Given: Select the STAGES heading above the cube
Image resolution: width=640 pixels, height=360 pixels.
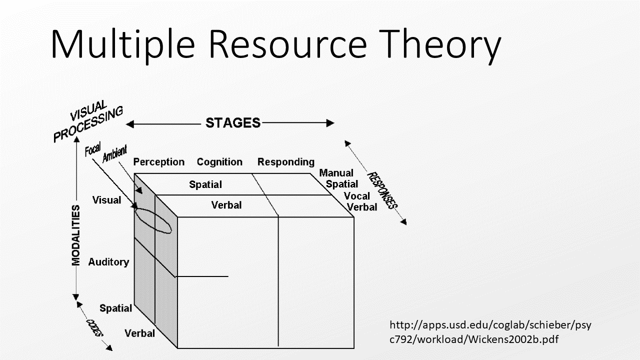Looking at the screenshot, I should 233,123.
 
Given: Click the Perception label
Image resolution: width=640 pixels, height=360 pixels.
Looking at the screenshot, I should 158,162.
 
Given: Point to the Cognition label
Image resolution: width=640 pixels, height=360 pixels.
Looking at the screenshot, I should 219,162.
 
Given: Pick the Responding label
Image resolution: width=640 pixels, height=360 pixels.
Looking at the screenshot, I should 286,162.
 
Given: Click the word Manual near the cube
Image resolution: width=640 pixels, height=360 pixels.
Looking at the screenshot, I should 336,173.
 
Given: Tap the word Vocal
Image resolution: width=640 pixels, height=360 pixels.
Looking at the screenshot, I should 357,196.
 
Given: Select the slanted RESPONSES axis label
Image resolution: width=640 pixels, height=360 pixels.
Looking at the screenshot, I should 382,190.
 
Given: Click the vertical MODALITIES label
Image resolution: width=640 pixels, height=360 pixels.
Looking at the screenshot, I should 76,235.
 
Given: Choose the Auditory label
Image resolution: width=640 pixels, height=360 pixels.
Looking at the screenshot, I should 108,262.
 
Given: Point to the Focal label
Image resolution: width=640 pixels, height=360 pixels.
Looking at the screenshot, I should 93,148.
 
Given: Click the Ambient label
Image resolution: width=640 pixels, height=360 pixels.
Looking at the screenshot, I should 114,153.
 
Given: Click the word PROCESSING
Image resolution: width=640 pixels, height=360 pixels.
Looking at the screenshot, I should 88,125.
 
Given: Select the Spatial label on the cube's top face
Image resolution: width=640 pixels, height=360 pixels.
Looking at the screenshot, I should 205,185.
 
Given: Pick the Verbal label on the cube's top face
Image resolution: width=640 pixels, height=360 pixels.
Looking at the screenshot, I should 226,205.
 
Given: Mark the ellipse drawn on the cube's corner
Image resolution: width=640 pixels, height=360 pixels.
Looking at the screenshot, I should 153,220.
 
